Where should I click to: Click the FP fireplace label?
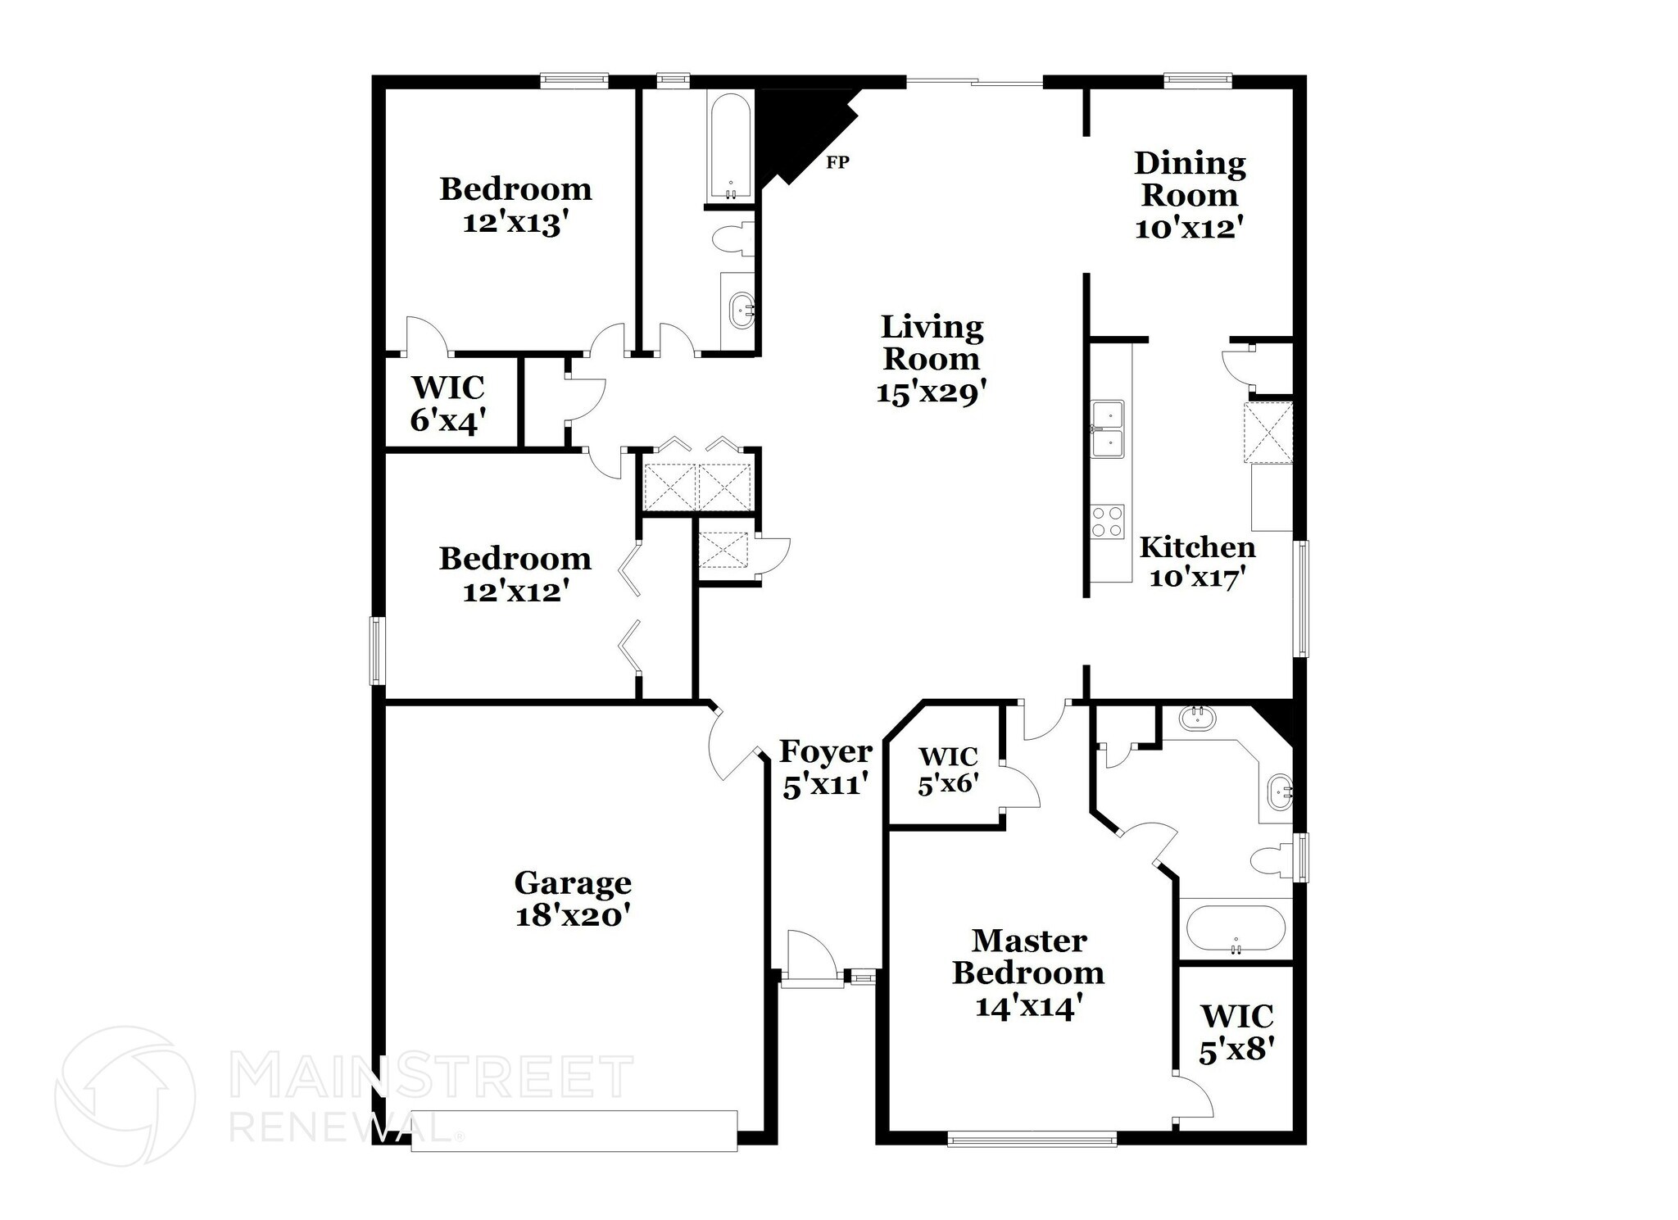pos(837,162)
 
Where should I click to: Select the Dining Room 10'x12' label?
pos(1189,196)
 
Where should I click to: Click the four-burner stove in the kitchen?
pos(1107,521)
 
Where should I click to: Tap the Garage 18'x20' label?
pos(572,899)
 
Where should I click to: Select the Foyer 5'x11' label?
pos(825,768)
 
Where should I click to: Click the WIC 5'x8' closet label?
pos(1236,1033)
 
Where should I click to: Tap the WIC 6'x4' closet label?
pos(448,403)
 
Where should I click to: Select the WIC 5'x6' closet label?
pos(948,769)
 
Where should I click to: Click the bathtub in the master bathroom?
pos(1235,927)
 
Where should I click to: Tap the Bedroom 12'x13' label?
pos(515,205)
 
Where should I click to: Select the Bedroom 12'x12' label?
pos(515,574)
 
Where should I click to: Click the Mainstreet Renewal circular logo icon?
pos(125,1095)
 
